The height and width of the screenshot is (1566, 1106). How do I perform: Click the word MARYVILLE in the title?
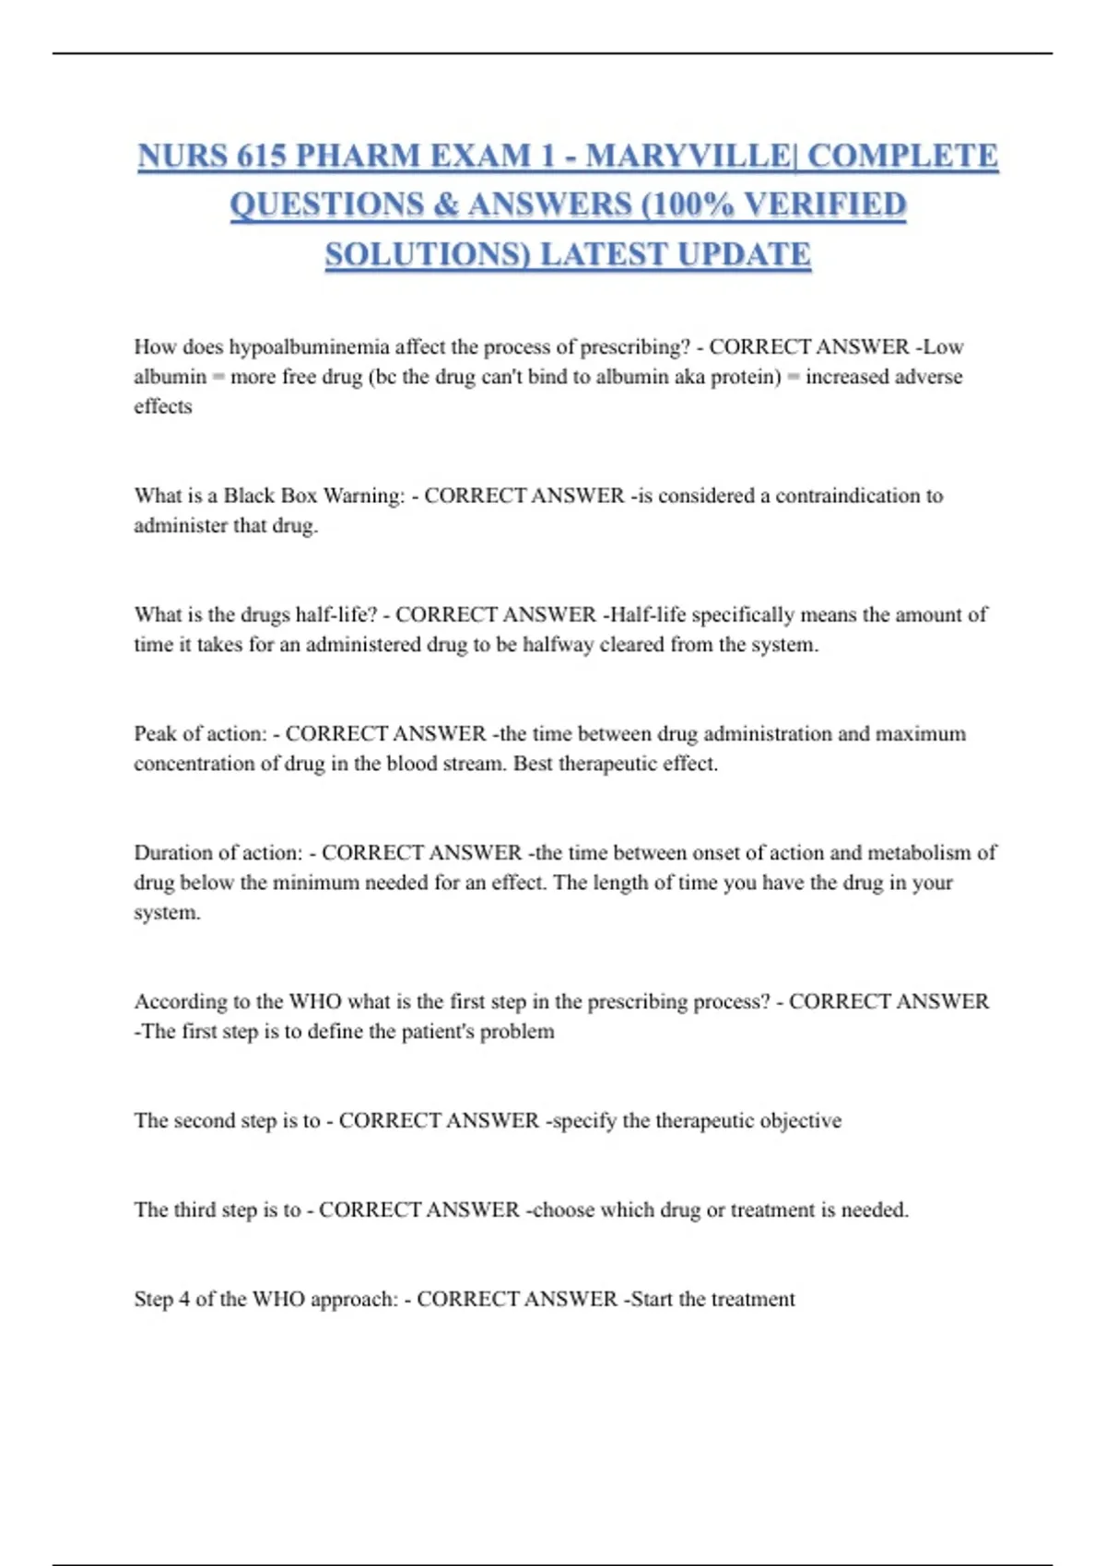687,156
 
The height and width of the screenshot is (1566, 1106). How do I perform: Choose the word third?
198,1210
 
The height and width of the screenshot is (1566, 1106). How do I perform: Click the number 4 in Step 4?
184,1300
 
